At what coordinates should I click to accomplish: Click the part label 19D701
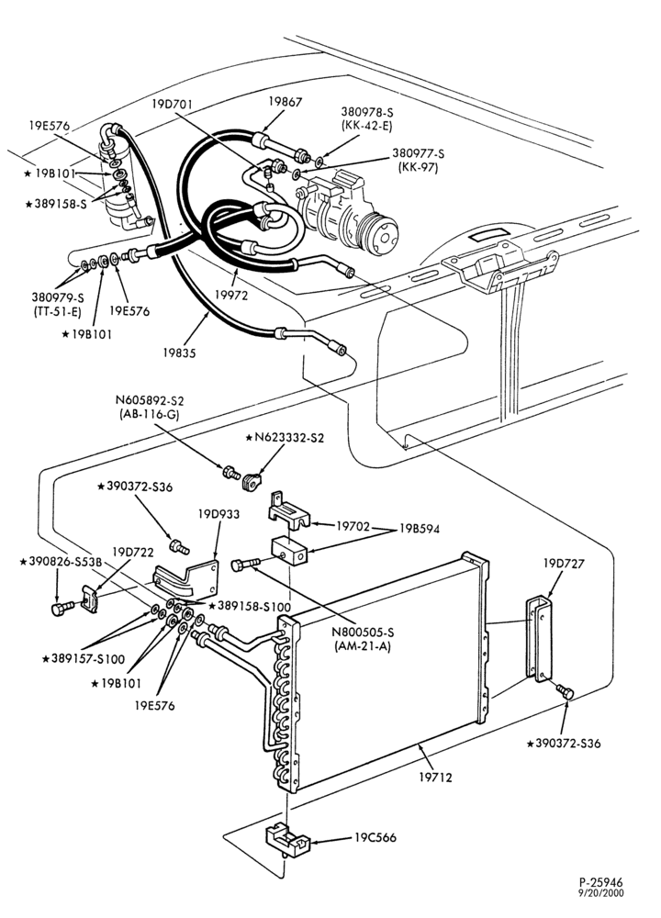(172, 105)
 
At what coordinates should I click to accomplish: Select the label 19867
(286, 101)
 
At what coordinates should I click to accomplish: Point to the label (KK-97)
(418, 167)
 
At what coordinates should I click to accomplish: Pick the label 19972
(230, 295)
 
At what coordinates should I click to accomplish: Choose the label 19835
(179, 353)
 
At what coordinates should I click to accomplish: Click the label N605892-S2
(150, 402)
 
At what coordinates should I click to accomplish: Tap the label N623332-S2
(285, 437)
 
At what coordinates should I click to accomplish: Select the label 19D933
(218, 514)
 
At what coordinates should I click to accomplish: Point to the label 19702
(353, 526)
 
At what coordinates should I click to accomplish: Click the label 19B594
(420, 529)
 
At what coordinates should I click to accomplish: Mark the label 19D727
(564, 564)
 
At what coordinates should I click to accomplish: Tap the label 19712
(435, 778)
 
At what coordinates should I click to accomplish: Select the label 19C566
(375, 838)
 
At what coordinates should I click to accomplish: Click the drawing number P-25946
(601, 882)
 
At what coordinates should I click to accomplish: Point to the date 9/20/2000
(602, 893)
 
